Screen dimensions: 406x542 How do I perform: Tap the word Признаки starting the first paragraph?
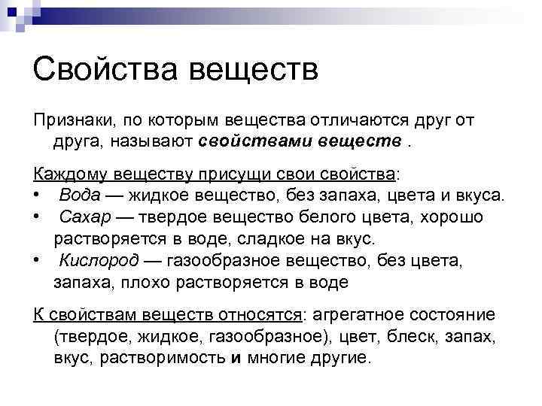click(69, 121)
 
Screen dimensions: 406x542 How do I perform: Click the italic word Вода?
click(75, 195)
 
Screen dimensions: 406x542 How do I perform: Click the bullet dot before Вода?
click(36, 195)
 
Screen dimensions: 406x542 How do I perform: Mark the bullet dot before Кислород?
click(36, 260)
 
